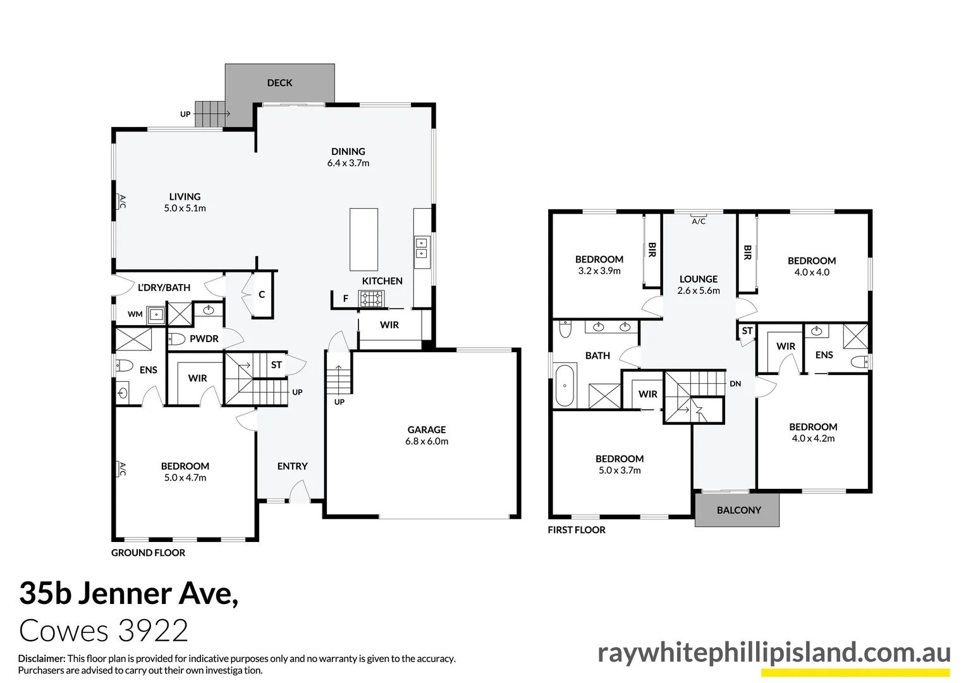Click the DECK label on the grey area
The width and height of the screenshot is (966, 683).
point(279,83)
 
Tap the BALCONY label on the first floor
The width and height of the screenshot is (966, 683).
point(738,510)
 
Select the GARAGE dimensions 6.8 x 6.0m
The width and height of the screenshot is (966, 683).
point(427,441)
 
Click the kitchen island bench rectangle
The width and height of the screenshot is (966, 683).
point(364,240)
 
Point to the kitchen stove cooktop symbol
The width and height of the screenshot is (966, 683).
point(372,298)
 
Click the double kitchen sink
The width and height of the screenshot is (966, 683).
point(422,248)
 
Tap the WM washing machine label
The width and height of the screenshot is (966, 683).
point(135,314)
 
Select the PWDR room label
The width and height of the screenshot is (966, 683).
point(204,339)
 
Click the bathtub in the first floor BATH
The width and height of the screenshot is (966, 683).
point(565,385)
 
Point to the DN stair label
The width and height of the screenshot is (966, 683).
point(735,384)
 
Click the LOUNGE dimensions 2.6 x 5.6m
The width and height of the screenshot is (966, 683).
point(699,291)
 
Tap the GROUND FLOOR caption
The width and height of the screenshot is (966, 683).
point(148,553)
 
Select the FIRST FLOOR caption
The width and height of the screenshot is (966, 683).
point(576,530)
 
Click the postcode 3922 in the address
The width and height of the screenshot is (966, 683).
point(153,631)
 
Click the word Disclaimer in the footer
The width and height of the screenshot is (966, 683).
point(41,658)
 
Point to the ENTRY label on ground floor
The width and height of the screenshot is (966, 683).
point(292,466)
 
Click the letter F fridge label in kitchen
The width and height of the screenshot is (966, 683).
point(345,298)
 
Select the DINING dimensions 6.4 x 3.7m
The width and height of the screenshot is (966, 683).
point(348,163)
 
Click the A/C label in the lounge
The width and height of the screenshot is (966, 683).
point(699,222)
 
